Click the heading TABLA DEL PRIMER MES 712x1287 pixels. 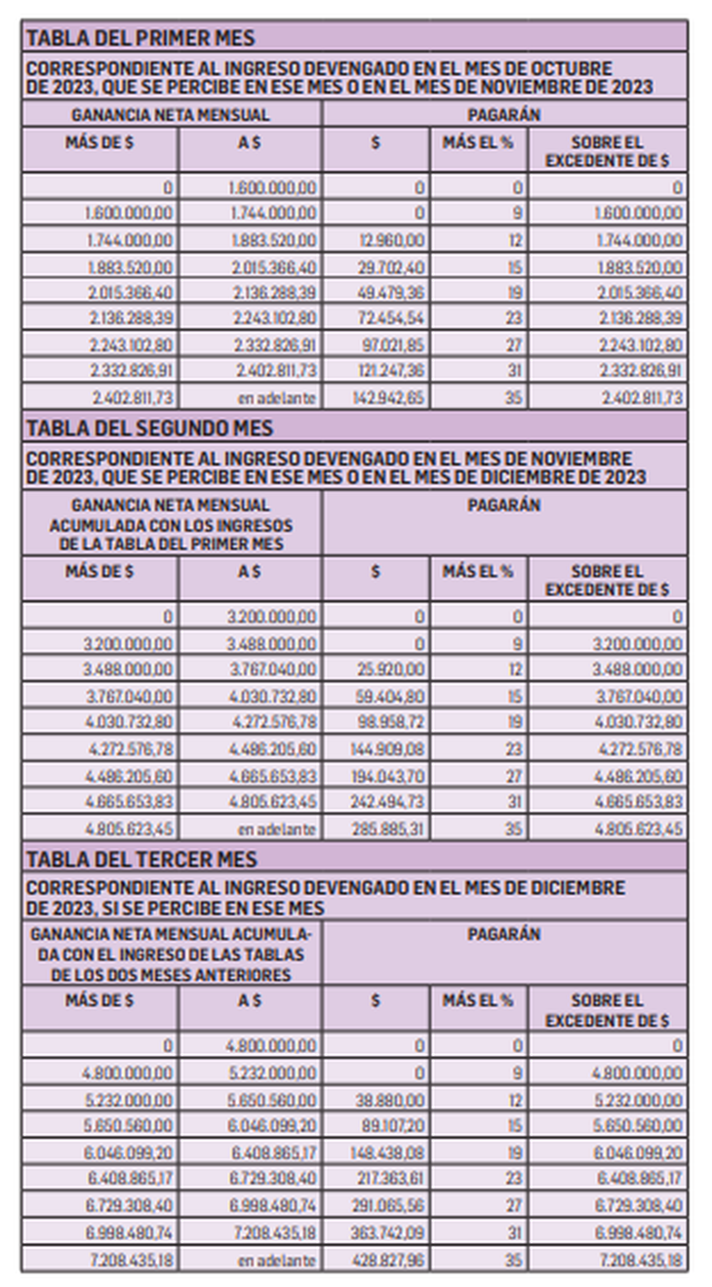coord(139,38)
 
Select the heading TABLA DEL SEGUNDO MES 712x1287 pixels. coord(149,428)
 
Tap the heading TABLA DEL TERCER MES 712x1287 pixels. coord(141,859)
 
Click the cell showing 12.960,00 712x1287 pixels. coord(390,240)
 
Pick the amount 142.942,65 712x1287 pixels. coord(388,398)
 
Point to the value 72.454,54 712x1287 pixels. coord(388,319)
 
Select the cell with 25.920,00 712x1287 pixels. coord(390,669)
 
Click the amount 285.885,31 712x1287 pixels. coord(388,829)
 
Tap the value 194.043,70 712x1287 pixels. coord(388,775)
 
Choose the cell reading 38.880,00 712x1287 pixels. coord(390,1100)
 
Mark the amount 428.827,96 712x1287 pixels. coord(388,1260)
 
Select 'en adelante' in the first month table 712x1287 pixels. coord(278,398)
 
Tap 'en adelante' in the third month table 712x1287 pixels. coord(278,1260)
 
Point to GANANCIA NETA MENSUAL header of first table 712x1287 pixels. coord(171,114)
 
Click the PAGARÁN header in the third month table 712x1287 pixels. coord(503,934)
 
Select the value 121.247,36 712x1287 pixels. coord(388,371)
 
